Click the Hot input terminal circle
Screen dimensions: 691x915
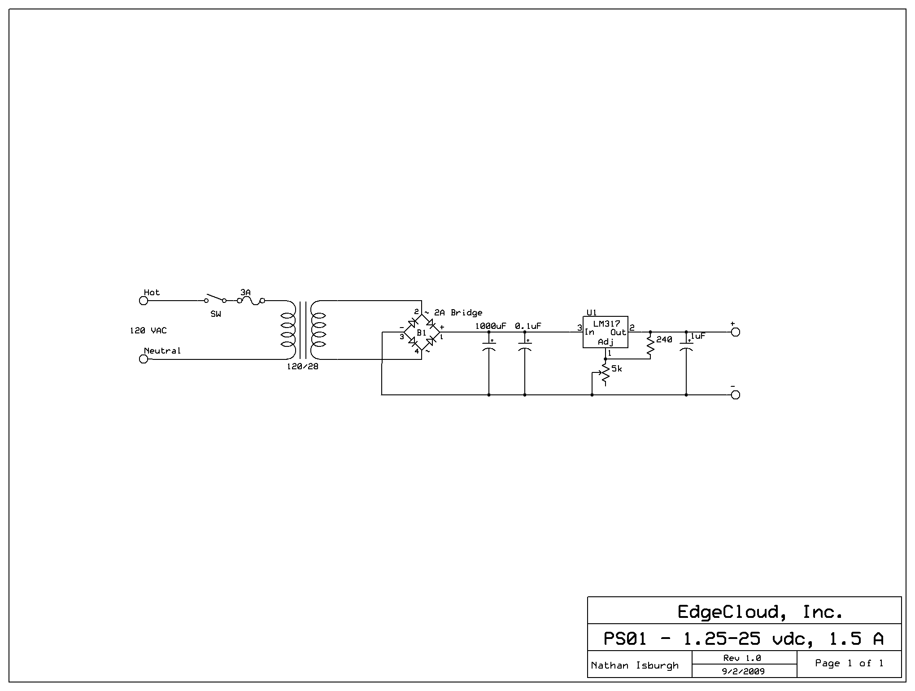(x=144, y=301)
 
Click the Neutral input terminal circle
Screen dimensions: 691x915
(x=144, y=359)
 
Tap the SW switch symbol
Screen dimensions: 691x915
(x=215, y=299)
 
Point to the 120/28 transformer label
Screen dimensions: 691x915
(x=302, y=367)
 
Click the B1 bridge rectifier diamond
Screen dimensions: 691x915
(x=422, y=332)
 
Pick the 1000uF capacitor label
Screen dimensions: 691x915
(x=490, y=326)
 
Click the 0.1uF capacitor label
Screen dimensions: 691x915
(x=528, y=326)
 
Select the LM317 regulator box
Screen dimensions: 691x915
(x=605, y=332)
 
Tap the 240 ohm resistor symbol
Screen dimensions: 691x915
(x=650, y=345)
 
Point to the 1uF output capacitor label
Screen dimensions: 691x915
(x=697, y=336)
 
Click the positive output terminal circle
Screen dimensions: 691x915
(x=735, y=332)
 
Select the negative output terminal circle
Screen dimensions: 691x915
(x=735, y=395)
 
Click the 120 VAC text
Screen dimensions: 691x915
(x=148, y=331)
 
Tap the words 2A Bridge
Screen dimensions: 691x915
(x=458, y=313)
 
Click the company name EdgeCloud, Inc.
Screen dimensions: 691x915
(x=760, y=612)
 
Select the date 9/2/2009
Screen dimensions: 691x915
(x=744, y=672)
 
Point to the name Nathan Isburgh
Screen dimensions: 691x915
(x=635, y=665)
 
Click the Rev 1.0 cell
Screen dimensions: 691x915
(x=744, y=658)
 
